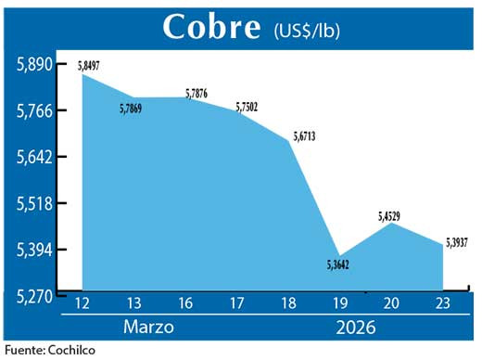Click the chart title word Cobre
pyautogui.click(x=211, y=26)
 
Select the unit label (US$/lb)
pyautogui.click(x=307, y=30)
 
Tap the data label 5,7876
pyautogui.click(x=197, y=92)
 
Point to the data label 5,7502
pyautogui.click(x=247, y=108)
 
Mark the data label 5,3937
pyautogui.click(x=456, y=243)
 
